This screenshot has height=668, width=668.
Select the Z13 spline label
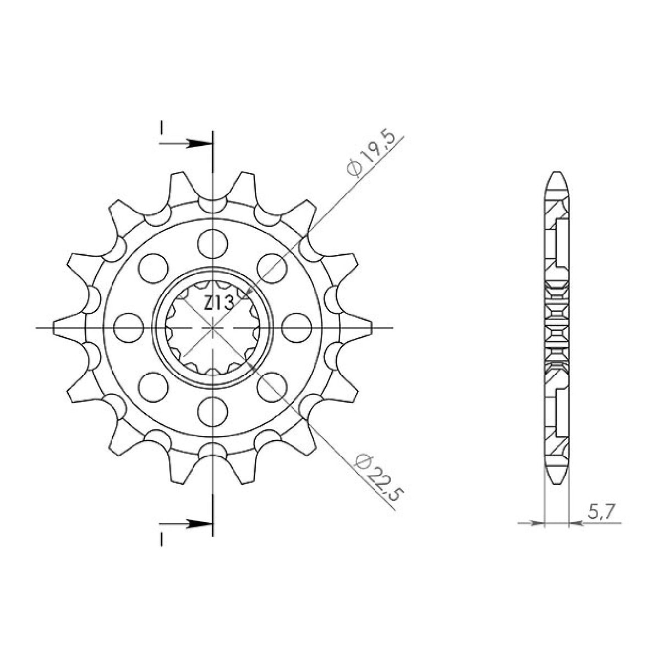click(x=219, y=304)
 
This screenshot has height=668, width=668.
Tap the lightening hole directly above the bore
click(x=213, y=242)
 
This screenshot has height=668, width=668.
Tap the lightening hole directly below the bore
click(x=213, y=410)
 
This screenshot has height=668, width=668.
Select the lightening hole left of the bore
click(x=128, y=327)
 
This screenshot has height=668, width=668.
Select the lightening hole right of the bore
click(x=297, y=327)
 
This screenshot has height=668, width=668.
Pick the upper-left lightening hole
click(x=154, y=267)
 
